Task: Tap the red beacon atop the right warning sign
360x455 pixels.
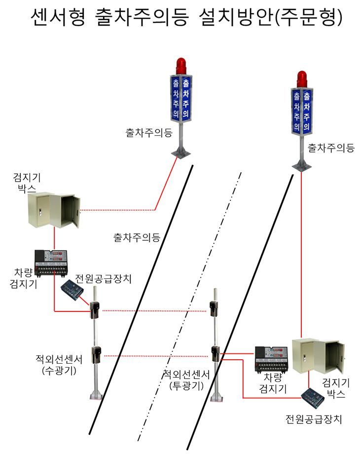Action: coord(303,78)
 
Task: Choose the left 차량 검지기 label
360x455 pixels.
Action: coord(23,278)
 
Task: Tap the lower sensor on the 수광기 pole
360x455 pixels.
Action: coord(96,355)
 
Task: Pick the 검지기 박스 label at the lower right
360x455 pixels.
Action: coord(335,388)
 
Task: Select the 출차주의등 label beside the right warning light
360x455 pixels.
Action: coord(331,148)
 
